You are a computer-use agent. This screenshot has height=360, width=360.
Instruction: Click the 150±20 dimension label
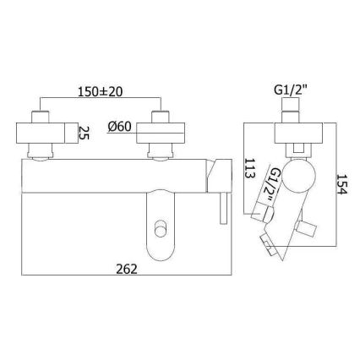tap(100, 92)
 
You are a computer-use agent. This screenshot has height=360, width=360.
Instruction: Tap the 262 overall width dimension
tap(127, 269)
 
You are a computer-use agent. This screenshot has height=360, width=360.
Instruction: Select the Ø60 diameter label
tap(119, 127)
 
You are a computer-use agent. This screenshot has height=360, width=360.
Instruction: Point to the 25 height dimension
tap(84, 133)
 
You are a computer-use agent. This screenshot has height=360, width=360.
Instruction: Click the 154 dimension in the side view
tap(342, 184)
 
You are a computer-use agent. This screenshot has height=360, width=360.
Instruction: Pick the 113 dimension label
tap(249, 168)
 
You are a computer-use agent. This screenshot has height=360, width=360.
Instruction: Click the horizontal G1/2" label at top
tap(290, 90)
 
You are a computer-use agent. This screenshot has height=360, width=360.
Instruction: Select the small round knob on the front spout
tap(161, 228)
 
